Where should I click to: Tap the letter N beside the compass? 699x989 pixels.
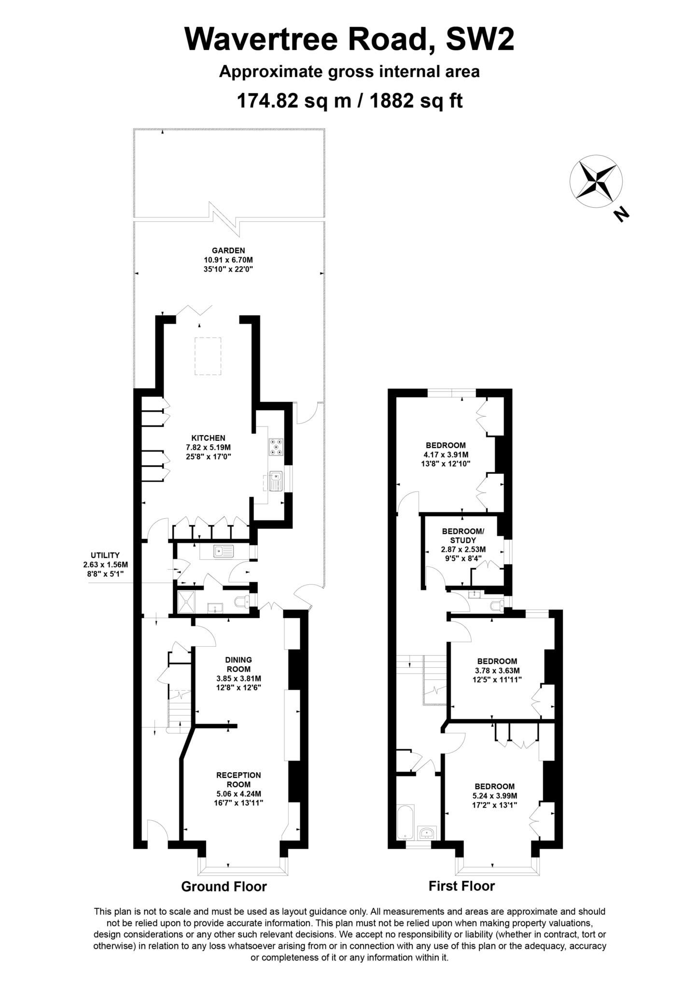[622, 214]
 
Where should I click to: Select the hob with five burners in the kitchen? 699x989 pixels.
[277, 447]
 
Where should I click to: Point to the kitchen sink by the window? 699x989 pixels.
[276, 480]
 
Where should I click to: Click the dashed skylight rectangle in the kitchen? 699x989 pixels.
[208, 356]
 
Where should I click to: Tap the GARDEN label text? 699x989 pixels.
[228, 250]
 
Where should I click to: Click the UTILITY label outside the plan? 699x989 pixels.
[105, 555]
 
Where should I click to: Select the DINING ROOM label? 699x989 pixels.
[238, 664]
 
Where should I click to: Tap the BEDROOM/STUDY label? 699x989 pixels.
[462, 536]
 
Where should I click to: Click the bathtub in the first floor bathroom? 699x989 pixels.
[405, 822]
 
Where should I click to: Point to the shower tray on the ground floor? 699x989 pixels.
[186, 601]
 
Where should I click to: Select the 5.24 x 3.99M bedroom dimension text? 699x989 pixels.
[494, 795]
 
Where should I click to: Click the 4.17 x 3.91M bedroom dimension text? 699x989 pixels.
[446, 454]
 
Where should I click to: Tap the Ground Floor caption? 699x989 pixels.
[224, 886]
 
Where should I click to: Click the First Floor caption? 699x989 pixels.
[461, 886]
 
